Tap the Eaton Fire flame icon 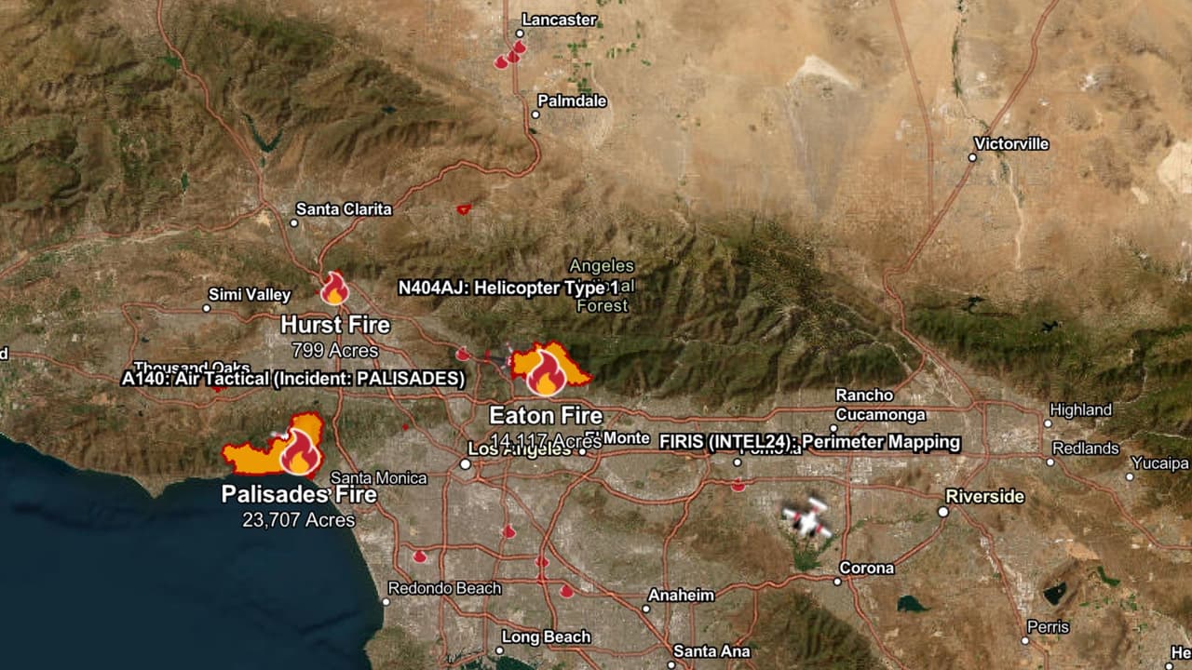click(x=545, y=374)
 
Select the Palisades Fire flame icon click(x=300, y=452)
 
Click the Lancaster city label click(x=559, y=20)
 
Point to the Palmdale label click(x=572, y=100)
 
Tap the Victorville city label click(x=1011, y=143)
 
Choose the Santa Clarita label click(x=344, y=209)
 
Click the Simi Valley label click(x=250, y=295)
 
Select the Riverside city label click(x=984, y=496)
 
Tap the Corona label click(x=866, y=568)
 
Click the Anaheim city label click(x=681, y=595)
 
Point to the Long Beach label click(x=546, y=636)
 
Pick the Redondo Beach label click(x=444, y=588)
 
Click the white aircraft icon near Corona click(x=806, y=517)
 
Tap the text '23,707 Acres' click(x=299, y=519)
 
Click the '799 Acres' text click(x=334, y=350)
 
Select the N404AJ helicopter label click(x=508, y=288)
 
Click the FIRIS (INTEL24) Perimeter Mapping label click(x=808, y=442)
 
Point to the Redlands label click(x=1085, y=449)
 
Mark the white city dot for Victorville click(x=972, y=157)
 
